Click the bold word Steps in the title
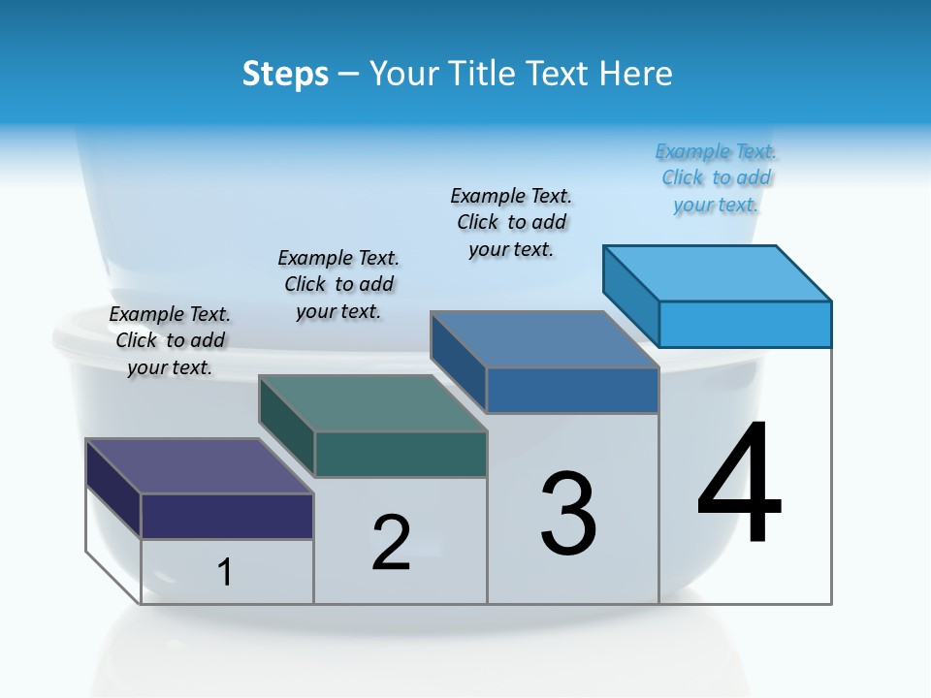285,75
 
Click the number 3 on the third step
568,514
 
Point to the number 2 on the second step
392,543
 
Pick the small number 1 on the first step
225,572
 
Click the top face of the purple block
199,466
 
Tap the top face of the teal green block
372,402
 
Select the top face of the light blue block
718,272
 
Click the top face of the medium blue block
544,339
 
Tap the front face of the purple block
227,516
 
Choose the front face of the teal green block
401,454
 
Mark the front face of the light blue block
745,324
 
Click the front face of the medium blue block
572,390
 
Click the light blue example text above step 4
716,178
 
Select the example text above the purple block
170,340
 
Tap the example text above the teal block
338,284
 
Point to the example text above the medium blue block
511,222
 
